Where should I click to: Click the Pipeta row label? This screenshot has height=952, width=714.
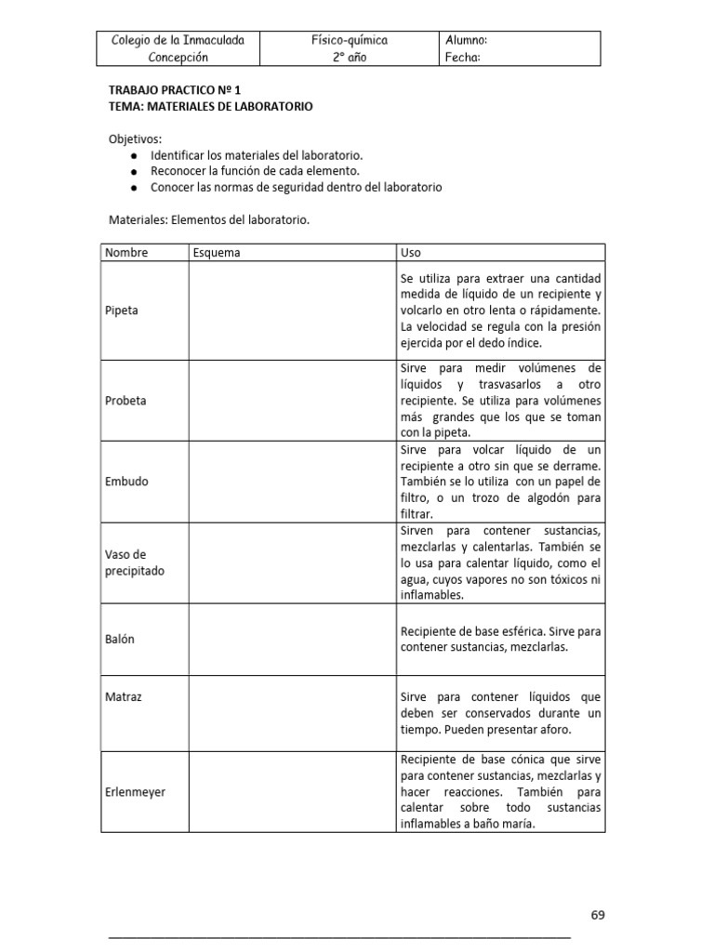(x=122, y=311)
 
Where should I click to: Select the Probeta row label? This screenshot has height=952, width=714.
(x=126, y=401)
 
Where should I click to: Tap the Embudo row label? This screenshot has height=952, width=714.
(x=126, y=482)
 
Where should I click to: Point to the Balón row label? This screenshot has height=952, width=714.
(x=121, y=640)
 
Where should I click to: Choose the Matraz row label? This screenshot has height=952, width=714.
(x=123, y=694)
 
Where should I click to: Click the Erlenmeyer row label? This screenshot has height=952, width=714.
(x=135, y=791)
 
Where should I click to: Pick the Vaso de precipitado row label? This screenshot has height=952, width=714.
(x=135, y=562)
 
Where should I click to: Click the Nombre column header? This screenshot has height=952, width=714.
(x=126, y=252)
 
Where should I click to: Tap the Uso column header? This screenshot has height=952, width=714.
(x=410, y=252)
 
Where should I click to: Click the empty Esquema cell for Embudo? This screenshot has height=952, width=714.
(x=292, y=482)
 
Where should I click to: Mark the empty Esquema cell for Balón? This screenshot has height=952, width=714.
(x=292, y=640)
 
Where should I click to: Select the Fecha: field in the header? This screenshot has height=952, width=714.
(x=463, y=58)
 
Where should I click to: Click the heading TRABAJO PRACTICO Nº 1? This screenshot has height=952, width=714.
(x=175, y=91)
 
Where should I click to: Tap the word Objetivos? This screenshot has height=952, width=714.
(x=135, y=139)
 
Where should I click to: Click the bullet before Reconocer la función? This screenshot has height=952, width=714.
(x=136, y=172)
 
